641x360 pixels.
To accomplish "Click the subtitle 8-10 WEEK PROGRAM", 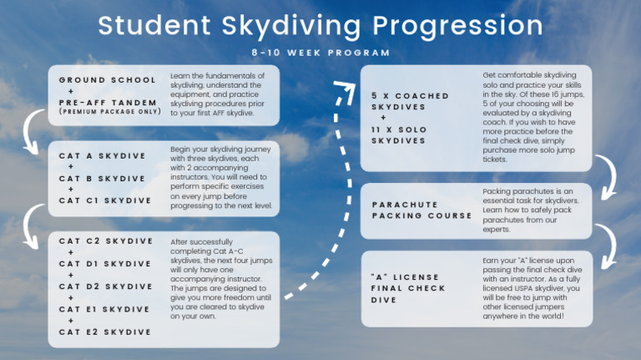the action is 320,53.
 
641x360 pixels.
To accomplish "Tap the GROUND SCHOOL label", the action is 107,80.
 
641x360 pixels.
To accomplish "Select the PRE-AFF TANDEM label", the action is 108,102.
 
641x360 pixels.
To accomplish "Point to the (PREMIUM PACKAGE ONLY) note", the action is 110,112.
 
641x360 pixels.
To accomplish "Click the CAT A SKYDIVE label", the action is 102,156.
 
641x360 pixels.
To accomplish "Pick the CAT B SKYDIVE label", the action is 102,179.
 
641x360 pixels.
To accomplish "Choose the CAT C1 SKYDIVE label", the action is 105,200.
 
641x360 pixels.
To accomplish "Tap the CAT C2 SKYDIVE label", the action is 106,241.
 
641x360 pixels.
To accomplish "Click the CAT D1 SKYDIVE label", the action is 105,264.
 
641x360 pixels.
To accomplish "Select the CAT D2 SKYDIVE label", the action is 106,286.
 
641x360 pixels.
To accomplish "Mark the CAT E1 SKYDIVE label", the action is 104,309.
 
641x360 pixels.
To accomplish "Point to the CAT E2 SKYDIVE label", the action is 105,332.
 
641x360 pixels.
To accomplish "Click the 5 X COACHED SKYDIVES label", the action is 410,101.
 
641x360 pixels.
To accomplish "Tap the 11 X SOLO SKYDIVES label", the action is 399,135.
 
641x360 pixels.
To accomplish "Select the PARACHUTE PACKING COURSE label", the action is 421,210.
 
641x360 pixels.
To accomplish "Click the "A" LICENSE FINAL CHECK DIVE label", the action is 408,288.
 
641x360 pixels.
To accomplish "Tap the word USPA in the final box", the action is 526,288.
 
